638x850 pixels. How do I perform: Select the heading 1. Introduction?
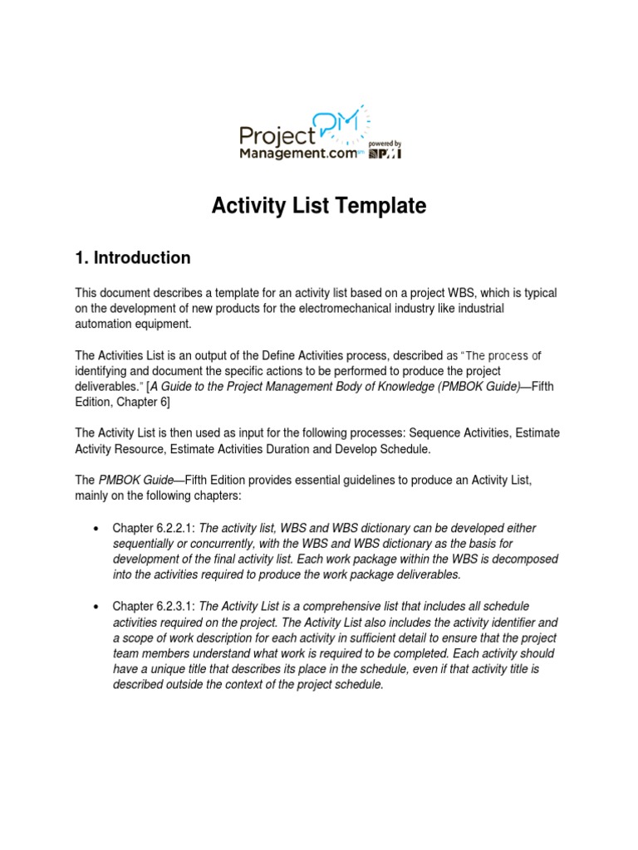[x=133, y=258]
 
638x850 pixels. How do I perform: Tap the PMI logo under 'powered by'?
[x=385, y=154]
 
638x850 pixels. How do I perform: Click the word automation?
[x=104, y=324]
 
